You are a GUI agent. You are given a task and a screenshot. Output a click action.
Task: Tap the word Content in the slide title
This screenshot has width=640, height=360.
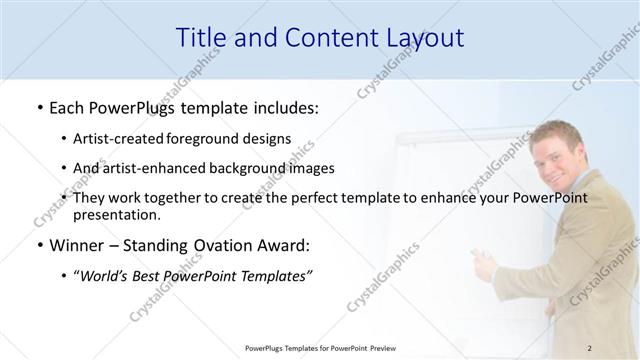(322, 38)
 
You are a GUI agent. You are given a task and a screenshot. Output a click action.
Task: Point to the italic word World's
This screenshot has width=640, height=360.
(108, 276)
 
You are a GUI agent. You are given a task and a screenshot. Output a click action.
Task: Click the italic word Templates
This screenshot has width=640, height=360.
(277, 276)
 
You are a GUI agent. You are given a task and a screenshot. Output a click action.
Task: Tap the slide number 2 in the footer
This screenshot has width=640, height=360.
(590, 347)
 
